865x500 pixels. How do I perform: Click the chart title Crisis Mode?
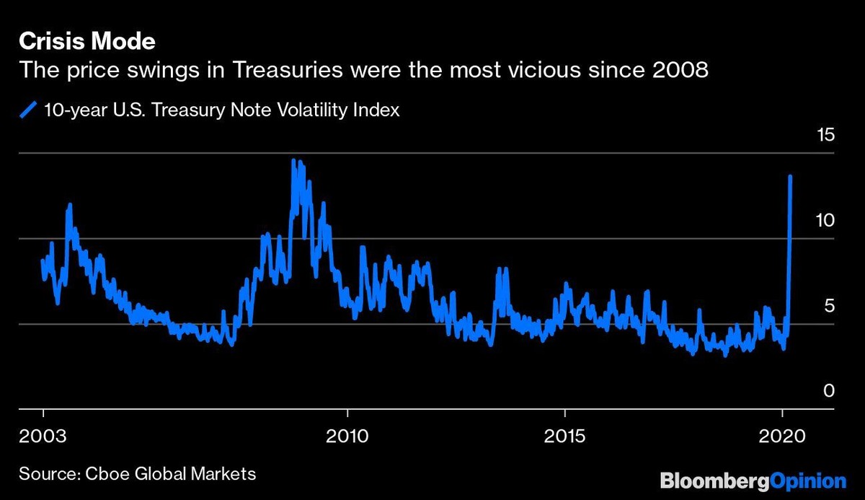[x=86, y=42]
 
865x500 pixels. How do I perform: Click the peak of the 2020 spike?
[x=791, y=176]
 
